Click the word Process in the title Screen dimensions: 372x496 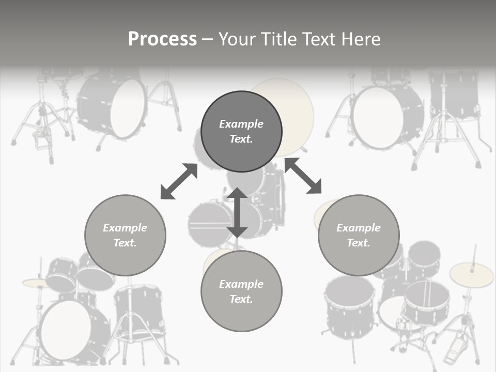pos(162,39)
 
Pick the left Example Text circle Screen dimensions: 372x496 pos(125,235)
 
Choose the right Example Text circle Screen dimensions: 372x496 pos(359,235)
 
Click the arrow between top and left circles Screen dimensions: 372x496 pos(179,181)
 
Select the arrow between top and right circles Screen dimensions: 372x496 pos(303,176)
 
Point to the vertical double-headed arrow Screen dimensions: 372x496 pos(237,212)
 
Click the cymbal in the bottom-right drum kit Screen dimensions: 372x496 pos(471,274)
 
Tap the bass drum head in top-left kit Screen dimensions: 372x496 pos(128,109)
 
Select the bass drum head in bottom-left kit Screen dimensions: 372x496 pos(65,330)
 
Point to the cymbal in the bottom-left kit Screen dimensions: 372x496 pos(35,283)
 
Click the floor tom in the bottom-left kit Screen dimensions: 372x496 pos(138,310)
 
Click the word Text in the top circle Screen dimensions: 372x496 pos(241,139)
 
